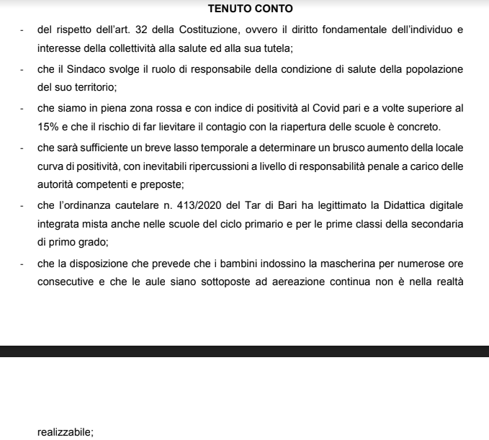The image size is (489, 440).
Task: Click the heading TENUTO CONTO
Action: pyautogui.click(x=244, y=9)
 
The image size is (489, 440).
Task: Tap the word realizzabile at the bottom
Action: pyautogui.click(x=65, y=432)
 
